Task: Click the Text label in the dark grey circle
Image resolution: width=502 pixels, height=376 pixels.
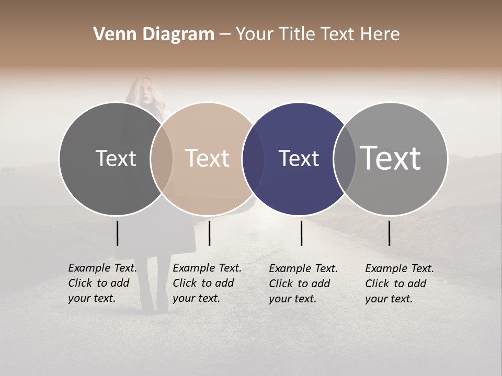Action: pyautogui.click(x=116, y=158)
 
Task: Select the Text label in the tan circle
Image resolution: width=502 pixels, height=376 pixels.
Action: pyautogui.click(x=208, y=158)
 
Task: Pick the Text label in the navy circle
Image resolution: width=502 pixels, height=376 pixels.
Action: pyautogui.click(x=299, y=158)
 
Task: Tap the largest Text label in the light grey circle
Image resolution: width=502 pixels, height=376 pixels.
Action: pyautogui.click(x=391, y=158)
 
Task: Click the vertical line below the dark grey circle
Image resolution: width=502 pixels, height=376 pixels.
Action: pyautogui.click(x=117, y=233)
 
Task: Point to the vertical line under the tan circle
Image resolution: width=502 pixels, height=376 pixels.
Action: pyautogui.click(x=209, y=233)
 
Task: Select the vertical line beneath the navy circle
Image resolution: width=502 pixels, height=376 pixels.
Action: pyautogui.click(x=301, y=233)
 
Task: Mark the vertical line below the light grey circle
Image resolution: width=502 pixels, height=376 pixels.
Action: pyautogui.click(x=389, y=233)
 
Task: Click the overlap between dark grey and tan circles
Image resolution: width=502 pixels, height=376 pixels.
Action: pyautogui.click(x=162, y=159)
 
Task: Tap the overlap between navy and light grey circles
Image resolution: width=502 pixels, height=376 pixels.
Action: pyautogui.click(x=345, y=159)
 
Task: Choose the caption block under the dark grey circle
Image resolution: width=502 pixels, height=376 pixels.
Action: pyautogui.click(x=102, y=283)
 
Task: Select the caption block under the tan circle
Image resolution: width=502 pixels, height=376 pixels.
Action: pyautogui.click(x=207, y=283)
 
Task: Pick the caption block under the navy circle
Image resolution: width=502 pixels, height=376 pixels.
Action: pyautogui.click(x=303, y=284)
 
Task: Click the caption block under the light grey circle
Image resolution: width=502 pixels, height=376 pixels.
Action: pyautogui.click(x=400, y=284)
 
